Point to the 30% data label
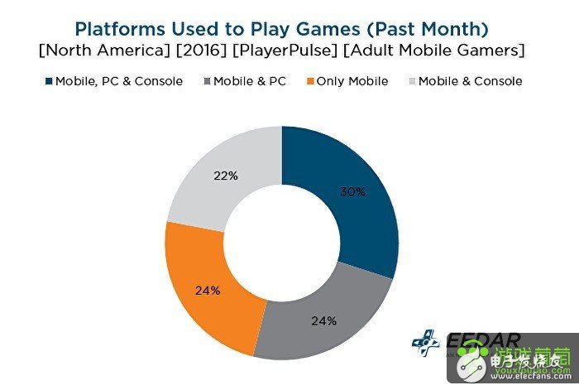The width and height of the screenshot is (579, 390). [352, 191]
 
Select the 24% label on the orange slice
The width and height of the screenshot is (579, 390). [208, 291]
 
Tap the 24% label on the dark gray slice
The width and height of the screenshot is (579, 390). [324, 320]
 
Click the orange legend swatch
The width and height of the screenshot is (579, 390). [311, 81]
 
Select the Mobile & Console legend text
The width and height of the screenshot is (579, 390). [470, 81]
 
